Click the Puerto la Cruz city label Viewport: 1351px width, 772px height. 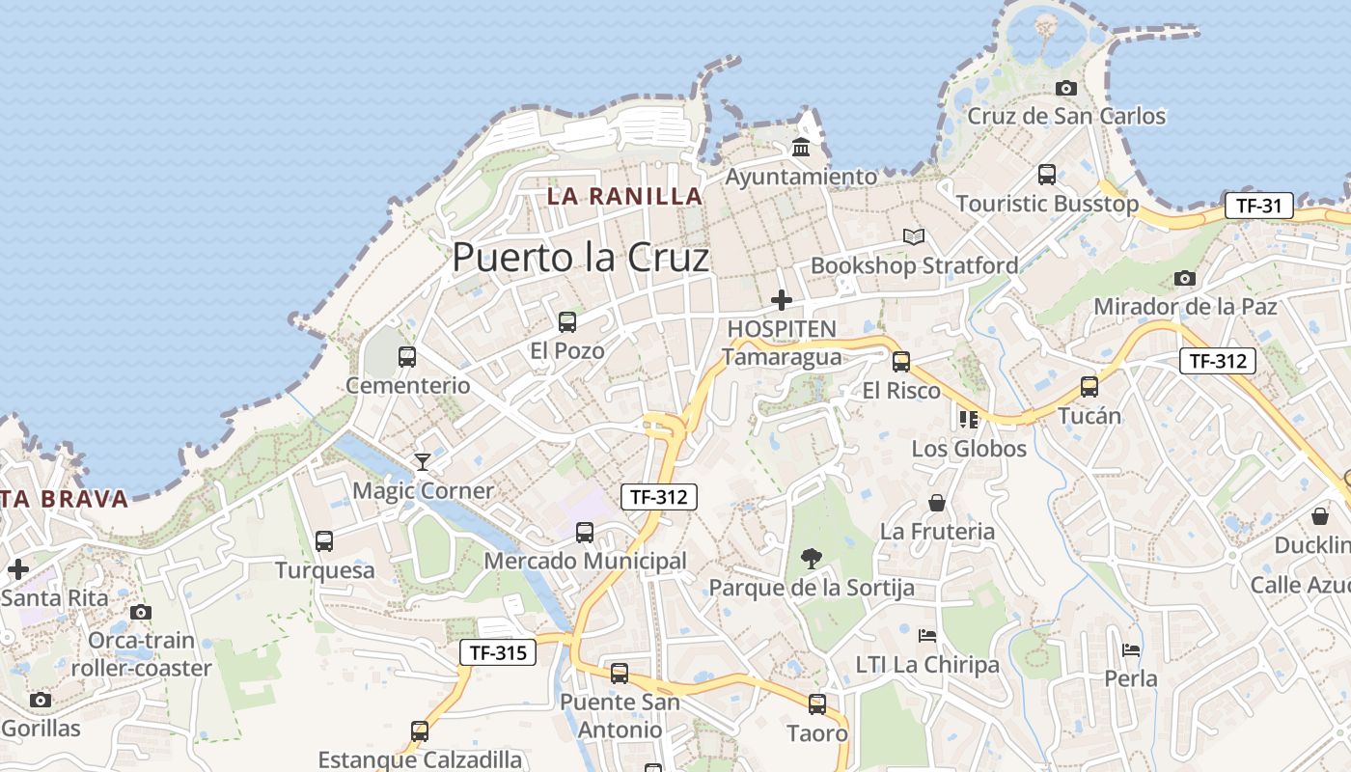[580, 259]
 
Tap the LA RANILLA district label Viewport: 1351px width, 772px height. [624, 196]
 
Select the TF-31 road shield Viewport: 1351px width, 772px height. [1258, 205]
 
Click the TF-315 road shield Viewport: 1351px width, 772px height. [497, 652]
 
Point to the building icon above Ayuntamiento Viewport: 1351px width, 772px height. [801, 148]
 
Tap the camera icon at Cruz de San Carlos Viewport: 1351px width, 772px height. [1066, 89]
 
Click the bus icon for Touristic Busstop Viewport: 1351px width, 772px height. [1047, 175]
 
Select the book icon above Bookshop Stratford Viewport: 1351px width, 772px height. [913, 236]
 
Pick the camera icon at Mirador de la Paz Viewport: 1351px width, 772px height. [1185, 279]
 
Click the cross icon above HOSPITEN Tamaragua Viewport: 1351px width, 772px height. [782, 300]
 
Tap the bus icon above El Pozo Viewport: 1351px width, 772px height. [567, 321]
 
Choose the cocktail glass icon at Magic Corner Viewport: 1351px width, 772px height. [422, 461]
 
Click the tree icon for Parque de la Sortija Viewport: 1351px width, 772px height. [812, 558]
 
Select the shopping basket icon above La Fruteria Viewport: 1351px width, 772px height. [936, 503]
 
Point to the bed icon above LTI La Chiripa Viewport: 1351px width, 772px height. [927, 636]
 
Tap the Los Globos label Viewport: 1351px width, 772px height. [969, 449]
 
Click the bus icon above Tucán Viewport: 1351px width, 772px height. [1089, 387]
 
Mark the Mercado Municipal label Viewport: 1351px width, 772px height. [585, 561]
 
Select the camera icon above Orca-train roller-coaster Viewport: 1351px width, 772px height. [141, 612]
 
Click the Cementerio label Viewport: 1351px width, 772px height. [408, 386]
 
